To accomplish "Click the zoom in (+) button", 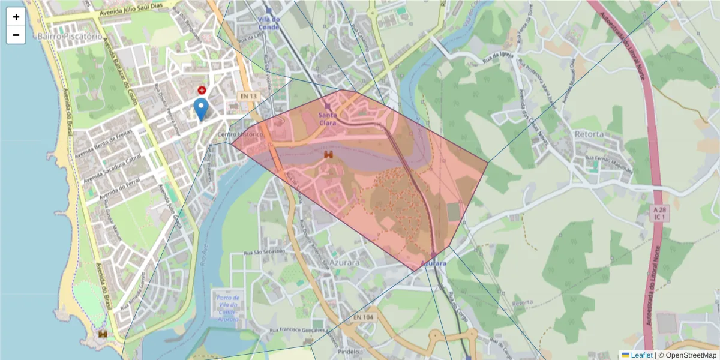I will tap(16, 17).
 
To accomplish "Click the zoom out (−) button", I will tap(16, 35).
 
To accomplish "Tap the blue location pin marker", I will tap(201, 109).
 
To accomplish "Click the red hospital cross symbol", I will tap(202, 90).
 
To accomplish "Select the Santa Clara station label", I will tap(328, 118).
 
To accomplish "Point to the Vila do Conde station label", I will tap(269, 23).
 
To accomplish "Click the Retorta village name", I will tap(589, 134).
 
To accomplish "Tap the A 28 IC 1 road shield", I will tap(660, 213).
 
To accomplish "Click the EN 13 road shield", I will tap(248, 96).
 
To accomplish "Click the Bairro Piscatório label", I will tap(69, 37).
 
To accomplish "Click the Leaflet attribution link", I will tap(641, 355).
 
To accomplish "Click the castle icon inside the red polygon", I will tap(328, 154).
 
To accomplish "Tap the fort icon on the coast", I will tap(103, 334).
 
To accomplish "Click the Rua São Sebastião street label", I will tap(265, 252).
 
